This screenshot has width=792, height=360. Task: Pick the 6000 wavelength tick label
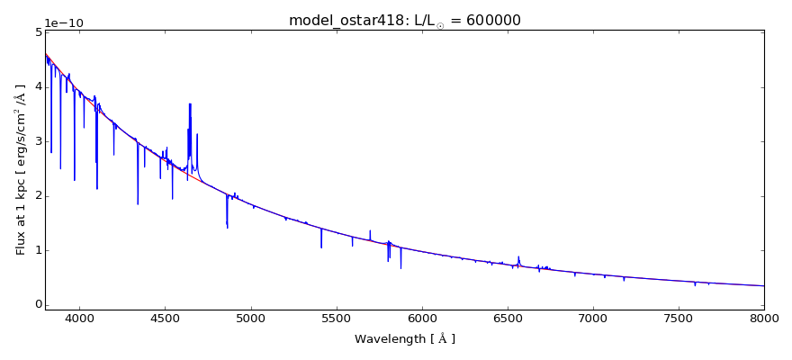click(x=421, y=318)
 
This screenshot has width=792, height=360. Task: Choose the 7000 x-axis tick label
click(x=593, y=318)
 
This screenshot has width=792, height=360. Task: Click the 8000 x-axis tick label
click(x=764, y=318)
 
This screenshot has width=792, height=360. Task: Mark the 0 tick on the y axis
click(x=37, y=305)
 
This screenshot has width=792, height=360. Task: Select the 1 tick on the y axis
click(x=37, y=250)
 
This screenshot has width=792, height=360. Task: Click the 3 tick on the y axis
click(x=37, y=141)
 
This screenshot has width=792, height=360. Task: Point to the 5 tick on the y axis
click(x=37, y=32)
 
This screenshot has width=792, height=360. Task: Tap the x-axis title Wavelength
click(x=404, y=339)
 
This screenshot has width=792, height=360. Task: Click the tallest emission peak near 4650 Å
click(x=190, y=104)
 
